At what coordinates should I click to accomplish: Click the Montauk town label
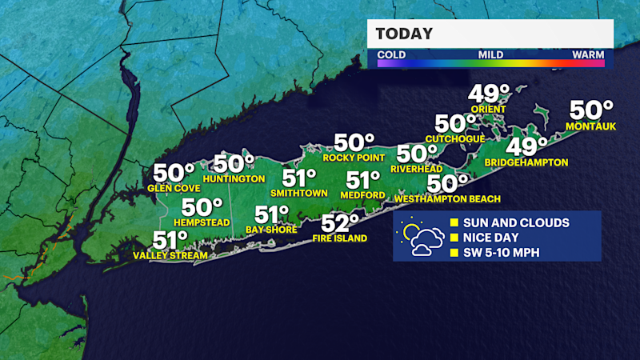589,126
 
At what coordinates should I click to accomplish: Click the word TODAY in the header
404,34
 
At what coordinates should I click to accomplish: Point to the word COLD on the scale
391,55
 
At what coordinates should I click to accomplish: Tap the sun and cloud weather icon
420,238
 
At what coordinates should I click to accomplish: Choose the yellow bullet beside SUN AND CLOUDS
454,222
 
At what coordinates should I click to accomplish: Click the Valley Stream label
170,256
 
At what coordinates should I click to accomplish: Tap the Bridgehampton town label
526,162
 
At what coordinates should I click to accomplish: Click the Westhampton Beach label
459,198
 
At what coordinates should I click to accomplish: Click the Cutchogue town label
455,138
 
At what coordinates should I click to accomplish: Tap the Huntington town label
234,178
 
